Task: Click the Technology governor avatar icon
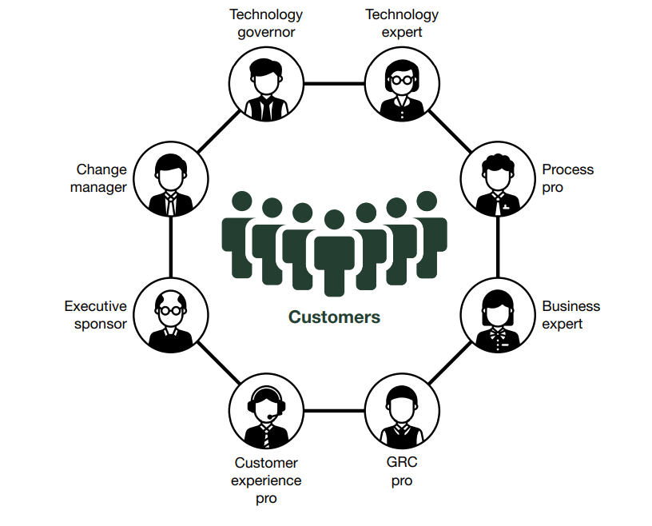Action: click(x=266, y=84)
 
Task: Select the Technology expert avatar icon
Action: click(x=402, y=84)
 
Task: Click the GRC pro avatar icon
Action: click(x=402, y=411)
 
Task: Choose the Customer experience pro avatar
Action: click(x=266, y=411)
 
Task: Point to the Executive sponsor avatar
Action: click(x=171, y=315)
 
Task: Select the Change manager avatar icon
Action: click(x=171, y=179)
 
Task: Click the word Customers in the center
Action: click(x=334, y=317)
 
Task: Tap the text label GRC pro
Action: click(x=402, y=472)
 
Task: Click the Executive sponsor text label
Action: click(x=95, y=315)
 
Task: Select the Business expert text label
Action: click(x=570, y=315)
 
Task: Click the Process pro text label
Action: click(x=567, y=178)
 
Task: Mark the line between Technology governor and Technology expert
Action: click(x=334, y=83)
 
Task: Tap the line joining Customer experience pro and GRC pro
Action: click(x=334, y=411)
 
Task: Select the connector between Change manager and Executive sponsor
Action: click(x=171, y=247)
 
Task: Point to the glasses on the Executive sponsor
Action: click(x=171, y=310)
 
